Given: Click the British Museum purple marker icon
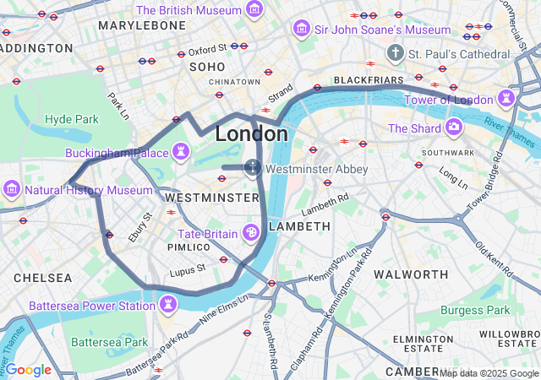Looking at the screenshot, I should tap(254, 10).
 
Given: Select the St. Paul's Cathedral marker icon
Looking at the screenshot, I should tap(394, 53).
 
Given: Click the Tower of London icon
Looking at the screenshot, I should tap(506, 99).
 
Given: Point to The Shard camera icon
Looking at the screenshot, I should tap(454, 128).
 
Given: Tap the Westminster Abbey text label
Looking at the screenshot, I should tap(317, 169).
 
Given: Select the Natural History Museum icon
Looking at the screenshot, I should tap(12, 189).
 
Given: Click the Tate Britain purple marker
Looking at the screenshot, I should tap(250, 232).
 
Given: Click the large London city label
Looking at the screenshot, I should tap(251, 133).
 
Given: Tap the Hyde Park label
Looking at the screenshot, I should tap(72, 119).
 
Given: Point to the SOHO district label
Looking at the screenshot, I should tap(207, 66).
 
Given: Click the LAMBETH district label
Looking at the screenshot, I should tap(299, 226).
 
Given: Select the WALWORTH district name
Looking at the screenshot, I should tap(411, 274).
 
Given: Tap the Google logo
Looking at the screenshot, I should tap(28, 369).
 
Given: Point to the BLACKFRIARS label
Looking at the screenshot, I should tap(369, 79).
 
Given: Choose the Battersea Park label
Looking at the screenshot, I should tap(109, 342).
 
